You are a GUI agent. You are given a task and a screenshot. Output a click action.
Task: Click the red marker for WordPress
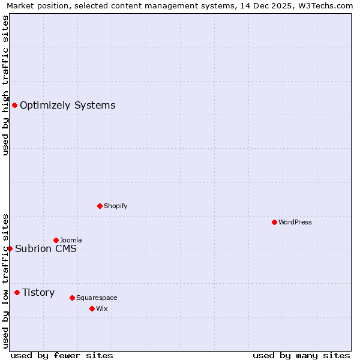click(x=274, y=222)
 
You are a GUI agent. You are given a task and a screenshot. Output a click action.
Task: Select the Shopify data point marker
click(x=100, y=206)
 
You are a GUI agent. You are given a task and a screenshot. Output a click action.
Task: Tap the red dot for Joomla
click(x=56, y=240)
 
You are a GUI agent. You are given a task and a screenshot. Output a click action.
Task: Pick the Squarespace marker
click(x=72, y=298)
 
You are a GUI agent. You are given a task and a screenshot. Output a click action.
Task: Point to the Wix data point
click(x=92, y=308)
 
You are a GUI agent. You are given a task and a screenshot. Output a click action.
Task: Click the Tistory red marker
click(x=17, y=292)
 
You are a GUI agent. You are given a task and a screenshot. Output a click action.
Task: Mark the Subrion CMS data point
click(x=10, y=248)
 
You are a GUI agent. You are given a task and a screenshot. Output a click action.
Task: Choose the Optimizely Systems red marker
click(x=14, y=106)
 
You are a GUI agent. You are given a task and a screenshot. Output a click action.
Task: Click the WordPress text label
click(x=295, y=222)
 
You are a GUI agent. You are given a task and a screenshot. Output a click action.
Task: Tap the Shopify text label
click(x=116, y=206)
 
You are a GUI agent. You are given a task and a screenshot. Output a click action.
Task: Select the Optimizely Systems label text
click(x=68, y=106)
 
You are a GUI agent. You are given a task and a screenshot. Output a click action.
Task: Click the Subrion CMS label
click(x=46, y=248)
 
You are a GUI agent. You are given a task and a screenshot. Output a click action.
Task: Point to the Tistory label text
click(x=38, y=292)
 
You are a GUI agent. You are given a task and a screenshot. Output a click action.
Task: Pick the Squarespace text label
click(x=97, y=298)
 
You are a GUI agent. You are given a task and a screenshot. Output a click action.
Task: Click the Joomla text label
click(x=71, y=240)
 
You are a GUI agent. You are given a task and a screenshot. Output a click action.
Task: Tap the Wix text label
click(x=102, y=308)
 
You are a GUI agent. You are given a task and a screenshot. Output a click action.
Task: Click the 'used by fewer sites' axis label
click(x=62, y=355)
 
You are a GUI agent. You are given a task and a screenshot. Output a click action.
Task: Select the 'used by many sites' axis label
click(x=301, y=355)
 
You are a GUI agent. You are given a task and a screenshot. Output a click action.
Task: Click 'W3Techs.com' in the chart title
click(x=325, y=5)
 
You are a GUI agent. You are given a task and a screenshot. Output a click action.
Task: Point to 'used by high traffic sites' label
click(x=5, y=85)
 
